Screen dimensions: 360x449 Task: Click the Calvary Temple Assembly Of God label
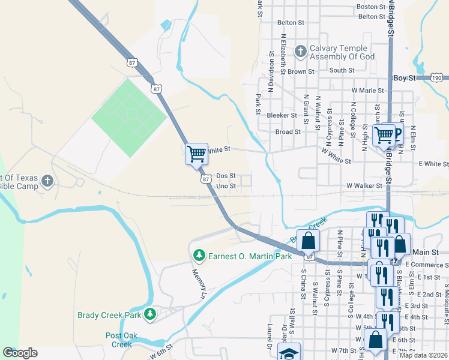click(342, 52)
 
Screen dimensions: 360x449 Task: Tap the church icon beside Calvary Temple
click(300, 52)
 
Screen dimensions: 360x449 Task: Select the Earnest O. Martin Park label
click(250, 256)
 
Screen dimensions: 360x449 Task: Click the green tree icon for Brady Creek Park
click(149, 313)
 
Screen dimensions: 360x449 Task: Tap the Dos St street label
click(226, 176)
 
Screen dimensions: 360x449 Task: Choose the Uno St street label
click(226, 186)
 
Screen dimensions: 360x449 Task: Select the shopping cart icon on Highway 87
click(196, 154)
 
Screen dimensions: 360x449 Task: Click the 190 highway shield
click(437, 78)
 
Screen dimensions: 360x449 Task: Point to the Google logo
click(20, 353)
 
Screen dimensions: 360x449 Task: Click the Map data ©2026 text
click(423, 355)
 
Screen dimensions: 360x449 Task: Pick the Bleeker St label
click(282, 115)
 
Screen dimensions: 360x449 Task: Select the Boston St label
click(370, 7)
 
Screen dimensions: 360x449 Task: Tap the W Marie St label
click(367, 90)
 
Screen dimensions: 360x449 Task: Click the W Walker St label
click(364, 186)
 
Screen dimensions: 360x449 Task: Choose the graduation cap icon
click(289, 353)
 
